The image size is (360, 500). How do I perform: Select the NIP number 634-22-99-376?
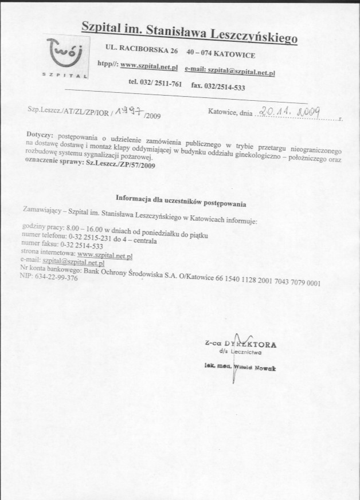[56, 276]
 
